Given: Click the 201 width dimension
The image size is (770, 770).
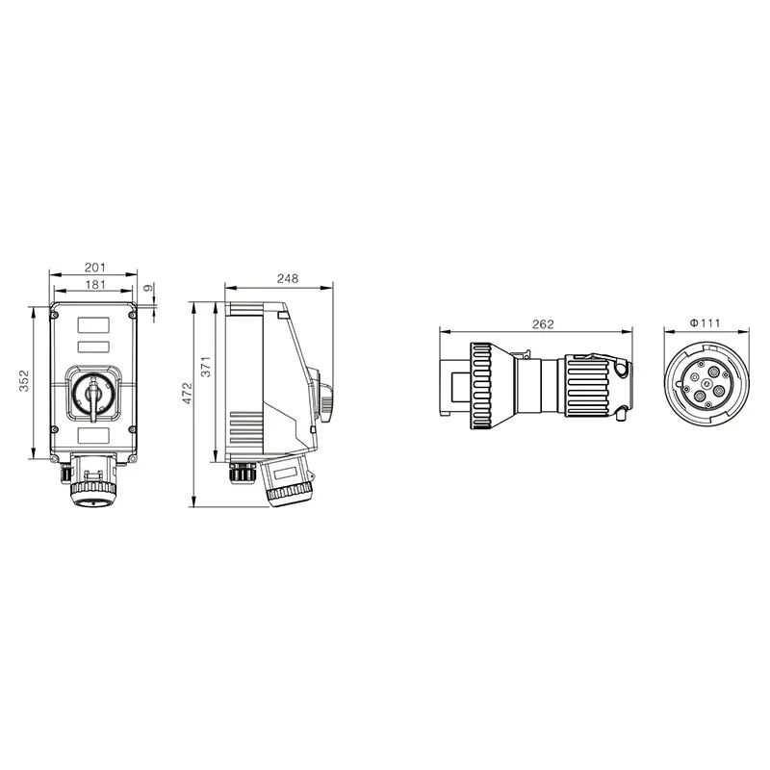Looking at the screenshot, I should [x=94, y=267].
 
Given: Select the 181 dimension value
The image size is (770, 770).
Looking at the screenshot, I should [x=94, y=285].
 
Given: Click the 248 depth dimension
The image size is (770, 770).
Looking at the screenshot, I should [x=287, y=278].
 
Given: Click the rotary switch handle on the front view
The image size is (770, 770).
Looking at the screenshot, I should [x=93, y=395].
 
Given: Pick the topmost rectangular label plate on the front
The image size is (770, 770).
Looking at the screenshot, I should [x=93, y=325].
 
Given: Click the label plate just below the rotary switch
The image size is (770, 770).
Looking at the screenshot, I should [x=93, y=436].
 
